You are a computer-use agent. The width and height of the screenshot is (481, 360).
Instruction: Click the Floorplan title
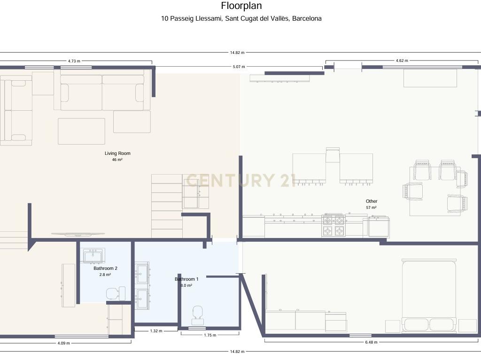pyautogui.click(x=241, y=6)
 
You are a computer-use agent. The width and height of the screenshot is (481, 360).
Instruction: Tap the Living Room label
pyautogui.click(x=117, y=153)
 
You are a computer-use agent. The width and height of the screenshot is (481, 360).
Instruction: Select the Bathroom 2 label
pyautogui.click(x=105, y=268)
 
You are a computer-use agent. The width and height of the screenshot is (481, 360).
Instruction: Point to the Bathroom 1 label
pyautogui.click(x=186, y=279)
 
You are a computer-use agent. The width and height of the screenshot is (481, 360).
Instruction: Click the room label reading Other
pyautogui.click(x=372, y=201)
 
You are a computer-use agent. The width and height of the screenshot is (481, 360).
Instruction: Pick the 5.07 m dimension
pyautogui.click(x=239, y=67)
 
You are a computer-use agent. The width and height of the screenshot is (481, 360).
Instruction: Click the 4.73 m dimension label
pyautogui.click(x=74, y=61)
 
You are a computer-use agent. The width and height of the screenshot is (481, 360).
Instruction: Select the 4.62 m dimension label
pyautogui.click(x=402, y=61)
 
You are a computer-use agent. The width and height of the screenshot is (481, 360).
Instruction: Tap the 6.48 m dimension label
pyautogui.click(x=371, y=342)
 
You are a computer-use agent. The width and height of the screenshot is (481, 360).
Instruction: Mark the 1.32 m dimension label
pyautogui.click(x=156, y=331)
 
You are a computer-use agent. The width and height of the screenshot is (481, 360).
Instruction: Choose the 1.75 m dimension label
pyautogui.click(x=210, y=335)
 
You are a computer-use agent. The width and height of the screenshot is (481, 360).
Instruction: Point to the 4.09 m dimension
pyautogui.click(x=63, y=343)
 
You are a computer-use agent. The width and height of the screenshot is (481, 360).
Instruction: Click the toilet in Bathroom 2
pyautogui.click(x=116, y=293)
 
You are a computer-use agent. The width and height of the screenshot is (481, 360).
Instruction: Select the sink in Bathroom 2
pyautogui.click(x=94, y=256)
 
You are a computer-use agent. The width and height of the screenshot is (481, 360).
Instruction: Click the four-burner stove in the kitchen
pyautogui.click(x=334, y=225)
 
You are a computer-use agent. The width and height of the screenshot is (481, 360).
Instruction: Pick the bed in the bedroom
pyautogui.click(x=429, y=296)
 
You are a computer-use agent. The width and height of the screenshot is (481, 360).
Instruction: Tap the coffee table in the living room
pyautogui.click(x=82, y=131)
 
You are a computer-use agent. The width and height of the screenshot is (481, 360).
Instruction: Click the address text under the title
pyautogui.click(x=241, y=18)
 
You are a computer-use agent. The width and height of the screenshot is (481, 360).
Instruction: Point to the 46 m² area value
pyautogui.click(x=117, y=160)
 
